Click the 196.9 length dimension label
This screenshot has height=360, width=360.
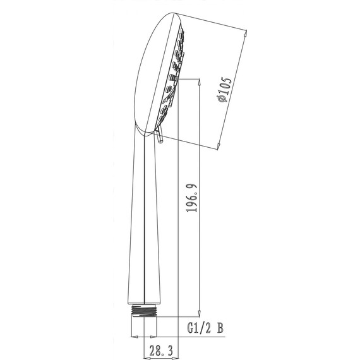pyautogui.click(x=192, y=198)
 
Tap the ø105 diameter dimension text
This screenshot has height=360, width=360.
pyautogui.click(x=224, y=90)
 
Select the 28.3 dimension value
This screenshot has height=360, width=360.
pyautogui.click(x=161, y=351)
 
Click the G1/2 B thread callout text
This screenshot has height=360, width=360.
pyautogui.click(x=205, y=328)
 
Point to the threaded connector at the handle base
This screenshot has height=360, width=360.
pyautogui.click(x=144, y=311)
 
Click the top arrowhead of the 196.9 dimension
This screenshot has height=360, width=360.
pyautogui.click(x=200, y=81)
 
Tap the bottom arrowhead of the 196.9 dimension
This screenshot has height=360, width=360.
pyautogui.click(x=200, y=313)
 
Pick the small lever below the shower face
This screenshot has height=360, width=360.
pyautogui.click(x=159, y=136)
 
